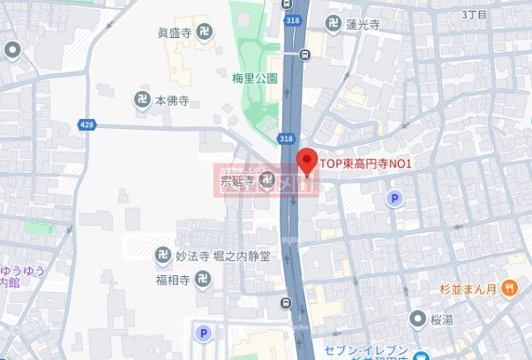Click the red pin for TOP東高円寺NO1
click(x=306, y=161)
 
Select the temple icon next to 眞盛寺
click(x=205, y=34)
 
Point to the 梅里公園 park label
click(x=256, y=79)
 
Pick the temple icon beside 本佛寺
click(x=142, y=101)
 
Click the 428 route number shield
click(x=86, y=125)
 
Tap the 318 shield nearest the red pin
click(x=285, y=139)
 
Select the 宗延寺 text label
click(x=236, y=181)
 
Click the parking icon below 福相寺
click(x=204, y=334)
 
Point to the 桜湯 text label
click(x=442, y=319)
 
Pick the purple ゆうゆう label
click(x=23, y=270)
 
